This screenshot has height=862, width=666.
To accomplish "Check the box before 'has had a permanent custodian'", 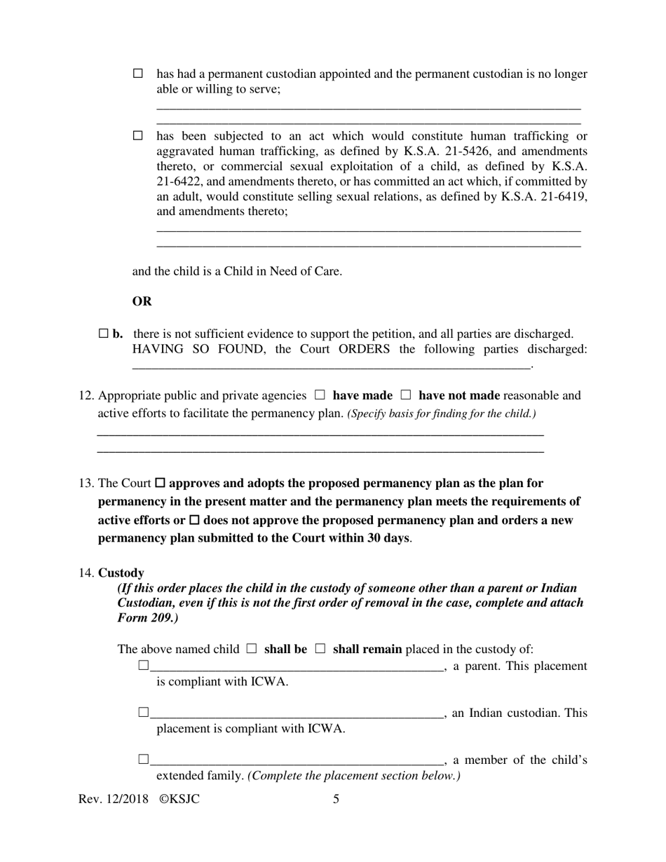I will click(x=138, y=74).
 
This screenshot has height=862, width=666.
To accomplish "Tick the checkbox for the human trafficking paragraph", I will click(x=138, y=136).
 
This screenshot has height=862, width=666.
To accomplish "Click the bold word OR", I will click(x=142, y=301).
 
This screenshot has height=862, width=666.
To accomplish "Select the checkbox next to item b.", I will click(x=104, y=334).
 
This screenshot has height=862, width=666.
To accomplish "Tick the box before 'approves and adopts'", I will click(x=160, y=484).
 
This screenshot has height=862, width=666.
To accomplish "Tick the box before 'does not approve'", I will click(x=195, y=521).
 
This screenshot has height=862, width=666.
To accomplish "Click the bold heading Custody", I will click(x=121, y=573).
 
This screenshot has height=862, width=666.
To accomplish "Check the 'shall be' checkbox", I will click(x=252, y=649).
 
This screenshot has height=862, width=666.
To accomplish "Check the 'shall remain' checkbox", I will click(x=320, y=649).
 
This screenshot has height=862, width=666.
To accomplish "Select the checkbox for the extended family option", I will click(x=144, y=760).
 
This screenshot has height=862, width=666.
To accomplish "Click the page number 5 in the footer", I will click(x=337, y=799).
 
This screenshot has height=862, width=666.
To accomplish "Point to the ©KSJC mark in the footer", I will click(x=179, y=799).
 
